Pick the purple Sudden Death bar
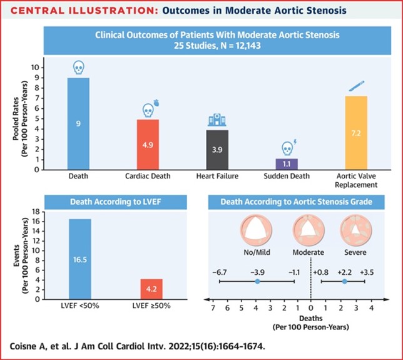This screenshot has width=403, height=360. pyautogui.click(x=287, y=163)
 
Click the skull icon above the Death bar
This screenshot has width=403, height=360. pyautogui.click(x=78, y=67)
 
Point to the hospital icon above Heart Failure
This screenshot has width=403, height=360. pyautogui.click(x=217, y=121)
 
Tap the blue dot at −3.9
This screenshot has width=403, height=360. pyautogui.click(x=257, y=282)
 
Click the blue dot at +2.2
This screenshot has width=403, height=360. pyautogui.click(x=344, y=282)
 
